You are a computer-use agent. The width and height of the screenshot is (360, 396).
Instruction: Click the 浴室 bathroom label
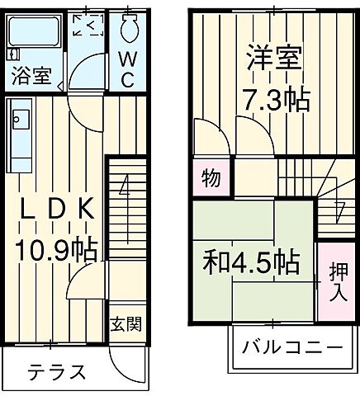click(x=31, y=78)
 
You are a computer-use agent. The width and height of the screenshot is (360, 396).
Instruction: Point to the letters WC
click(x=130, y=70)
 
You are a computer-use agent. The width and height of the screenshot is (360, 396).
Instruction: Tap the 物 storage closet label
click(x=210, y=179)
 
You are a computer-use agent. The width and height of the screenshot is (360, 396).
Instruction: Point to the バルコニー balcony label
click(x=291, y=346)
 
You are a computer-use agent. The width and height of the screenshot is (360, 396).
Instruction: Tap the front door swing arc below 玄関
click(x=128, y=363)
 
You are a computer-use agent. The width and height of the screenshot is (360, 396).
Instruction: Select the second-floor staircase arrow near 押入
click(x=338, y=210)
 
